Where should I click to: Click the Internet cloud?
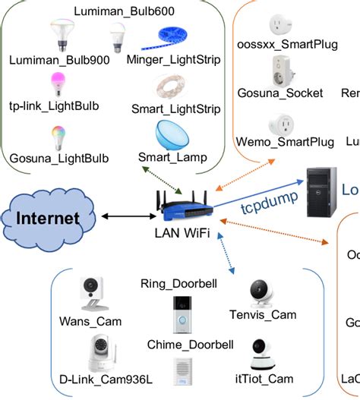tap(48, 219)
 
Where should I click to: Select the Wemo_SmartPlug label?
tap(285, 142)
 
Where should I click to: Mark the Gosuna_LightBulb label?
tap(58, 159)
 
